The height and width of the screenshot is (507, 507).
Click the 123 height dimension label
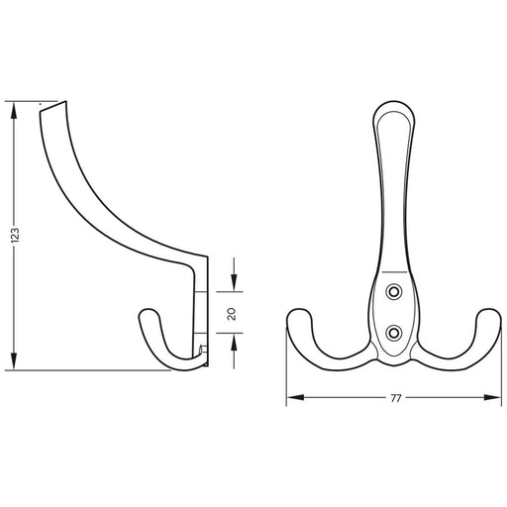click(15, 236)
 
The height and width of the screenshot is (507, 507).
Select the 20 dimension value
click(232, 314)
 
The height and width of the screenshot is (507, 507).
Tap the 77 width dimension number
click(395, 399)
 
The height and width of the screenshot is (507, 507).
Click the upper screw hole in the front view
click(394, 292)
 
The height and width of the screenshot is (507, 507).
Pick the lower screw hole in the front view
click(394, 333)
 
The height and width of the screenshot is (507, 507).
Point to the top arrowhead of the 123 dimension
click(14, 110)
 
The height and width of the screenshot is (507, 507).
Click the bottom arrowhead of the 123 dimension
click(14, 361)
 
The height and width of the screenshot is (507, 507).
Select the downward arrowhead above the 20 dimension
click(234, 283)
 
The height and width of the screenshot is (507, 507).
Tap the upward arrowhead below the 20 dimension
click(234, 342)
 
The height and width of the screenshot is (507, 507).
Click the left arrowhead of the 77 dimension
click(295, 397)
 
